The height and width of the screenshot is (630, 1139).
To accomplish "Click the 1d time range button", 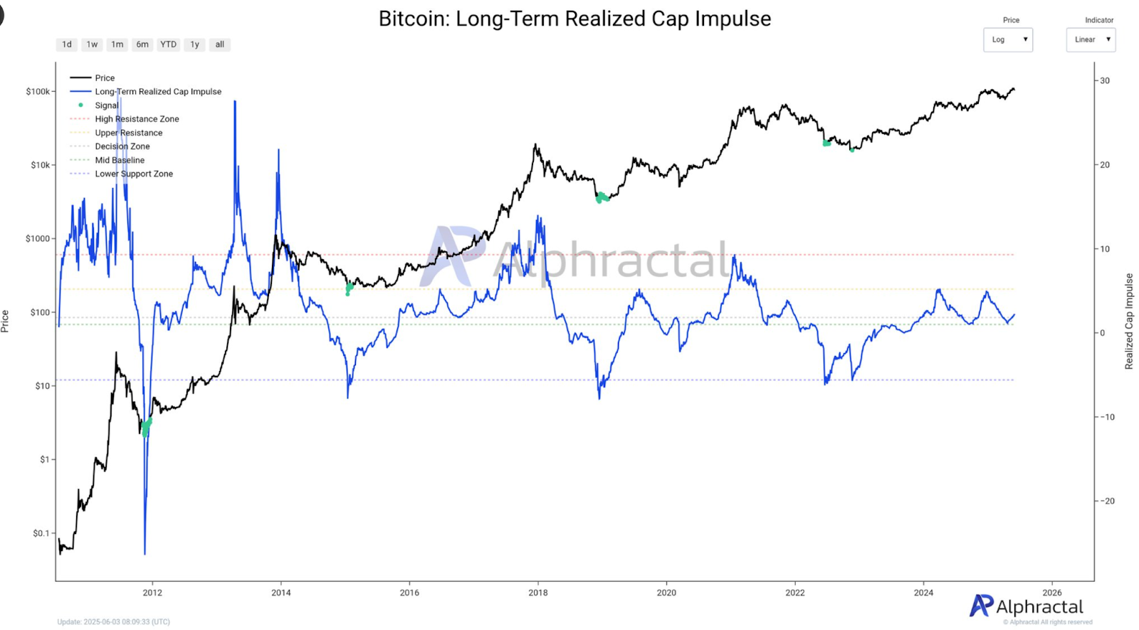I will [x=67, y=44].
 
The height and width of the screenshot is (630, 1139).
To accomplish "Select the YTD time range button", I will [x=168, y=44].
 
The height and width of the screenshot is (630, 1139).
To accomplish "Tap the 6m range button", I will [x=142, y=44].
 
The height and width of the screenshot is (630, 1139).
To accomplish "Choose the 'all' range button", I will [x=219, y=44].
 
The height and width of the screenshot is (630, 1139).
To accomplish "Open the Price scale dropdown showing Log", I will [x=1008, y=40].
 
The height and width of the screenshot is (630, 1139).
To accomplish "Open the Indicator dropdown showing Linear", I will [x=1091, y=40].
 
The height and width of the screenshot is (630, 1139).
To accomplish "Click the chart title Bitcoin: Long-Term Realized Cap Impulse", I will [x=574, y=19].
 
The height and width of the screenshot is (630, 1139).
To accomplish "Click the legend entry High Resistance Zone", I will [x=137, y=119].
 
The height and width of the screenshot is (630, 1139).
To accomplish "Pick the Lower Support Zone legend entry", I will [x=134, y=174].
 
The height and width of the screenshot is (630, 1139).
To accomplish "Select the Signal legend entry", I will [x=107, y=105].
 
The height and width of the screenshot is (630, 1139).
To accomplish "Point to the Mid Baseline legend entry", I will [x=120, y=160].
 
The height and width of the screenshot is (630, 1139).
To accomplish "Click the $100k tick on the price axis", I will [x=38, y=92].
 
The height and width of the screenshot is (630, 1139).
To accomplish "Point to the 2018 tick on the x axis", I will [x=538, y=592].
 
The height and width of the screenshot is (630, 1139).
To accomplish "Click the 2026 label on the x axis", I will [x=1051, y=592].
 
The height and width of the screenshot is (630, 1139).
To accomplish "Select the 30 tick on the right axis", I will [x=1105, y=81].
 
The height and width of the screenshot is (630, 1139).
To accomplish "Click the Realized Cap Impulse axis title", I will [x=1129, y=321].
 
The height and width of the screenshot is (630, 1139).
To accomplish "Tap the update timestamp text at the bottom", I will [x=114, y=621].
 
